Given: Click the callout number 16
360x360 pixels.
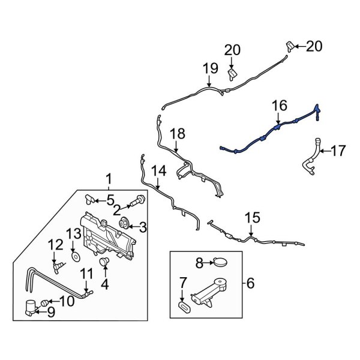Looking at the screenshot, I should (x=279, y=106).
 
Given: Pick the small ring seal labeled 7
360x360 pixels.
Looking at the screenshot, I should (x=184, y=307).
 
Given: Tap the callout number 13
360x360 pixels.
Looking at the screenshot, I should (x=73, y=233).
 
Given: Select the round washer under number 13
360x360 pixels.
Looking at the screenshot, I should (x=76, y=256).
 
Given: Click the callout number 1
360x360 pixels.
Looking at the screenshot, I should (x=109, y=179).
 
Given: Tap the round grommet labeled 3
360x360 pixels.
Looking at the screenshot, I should (x=125, y=224).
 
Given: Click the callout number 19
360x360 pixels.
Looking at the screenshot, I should (x=209, y=69).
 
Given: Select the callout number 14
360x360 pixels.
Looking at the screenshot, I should (x=158, y=172).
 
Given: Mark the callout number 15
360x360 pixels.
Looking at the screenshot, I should (x=252, y=217).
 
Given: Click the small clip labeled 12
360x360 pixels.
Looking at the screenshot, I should (x=59, y=262).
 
